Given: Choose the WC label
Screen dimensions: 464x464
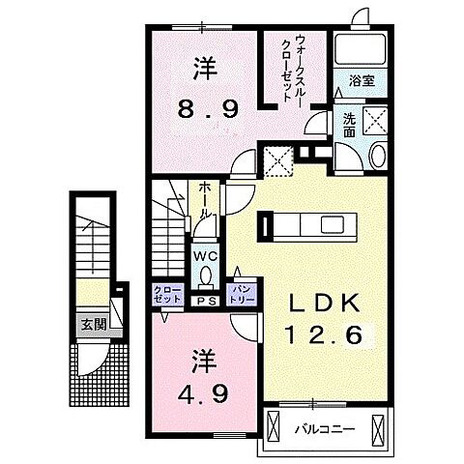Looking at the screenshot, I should tap(205, 256).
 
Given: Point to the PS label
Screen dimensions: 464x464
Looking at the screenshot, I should tap(205, 301).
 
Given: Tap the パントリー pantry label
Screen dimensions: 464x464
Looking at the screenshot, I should tap(239, 294).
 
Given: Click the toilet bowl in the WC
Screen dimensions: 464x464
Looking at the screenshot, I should tap(205, 277).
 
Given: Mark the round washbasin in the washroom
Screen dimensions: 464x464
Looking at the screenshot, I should tap(378, 157).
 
